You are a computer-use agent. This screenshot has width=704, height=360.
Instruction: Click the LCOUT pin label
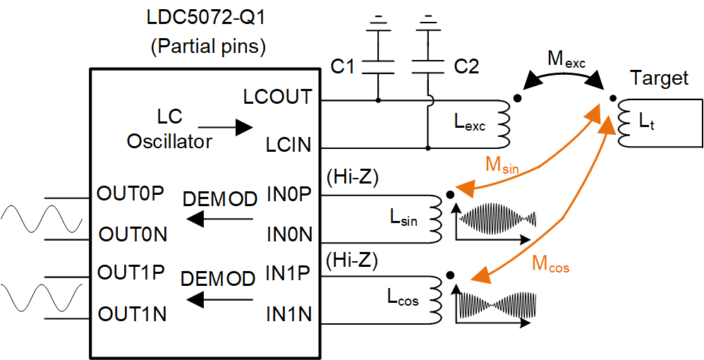pyautogui.click(x=277, y=97)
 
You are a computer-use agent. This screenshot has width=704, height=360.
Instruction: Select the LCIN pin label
pyautogui.click(x=289, y=146)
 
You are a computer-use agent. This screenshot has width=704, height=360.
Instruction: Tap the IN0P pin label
pyautogui.click(x=289, y=194)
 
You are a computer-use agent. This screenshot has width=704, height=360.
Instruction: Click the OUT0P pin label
pyautogui.click(x=132, y=194)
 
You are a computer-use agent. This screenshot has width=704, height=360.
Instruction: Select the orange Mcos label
pyautogui.click(x=550, y=265)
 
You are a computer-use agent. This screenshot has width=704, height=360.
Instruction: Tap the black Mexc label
pyautogui.click(x=566, y=59)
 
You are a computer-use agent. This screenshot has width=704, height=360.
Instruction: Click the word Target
pyautogui.click(x=659, y=78)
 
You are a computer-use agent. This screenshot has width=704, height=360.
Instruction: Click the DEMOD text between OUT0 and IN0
pyautogui.click(x=219, y=199)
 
